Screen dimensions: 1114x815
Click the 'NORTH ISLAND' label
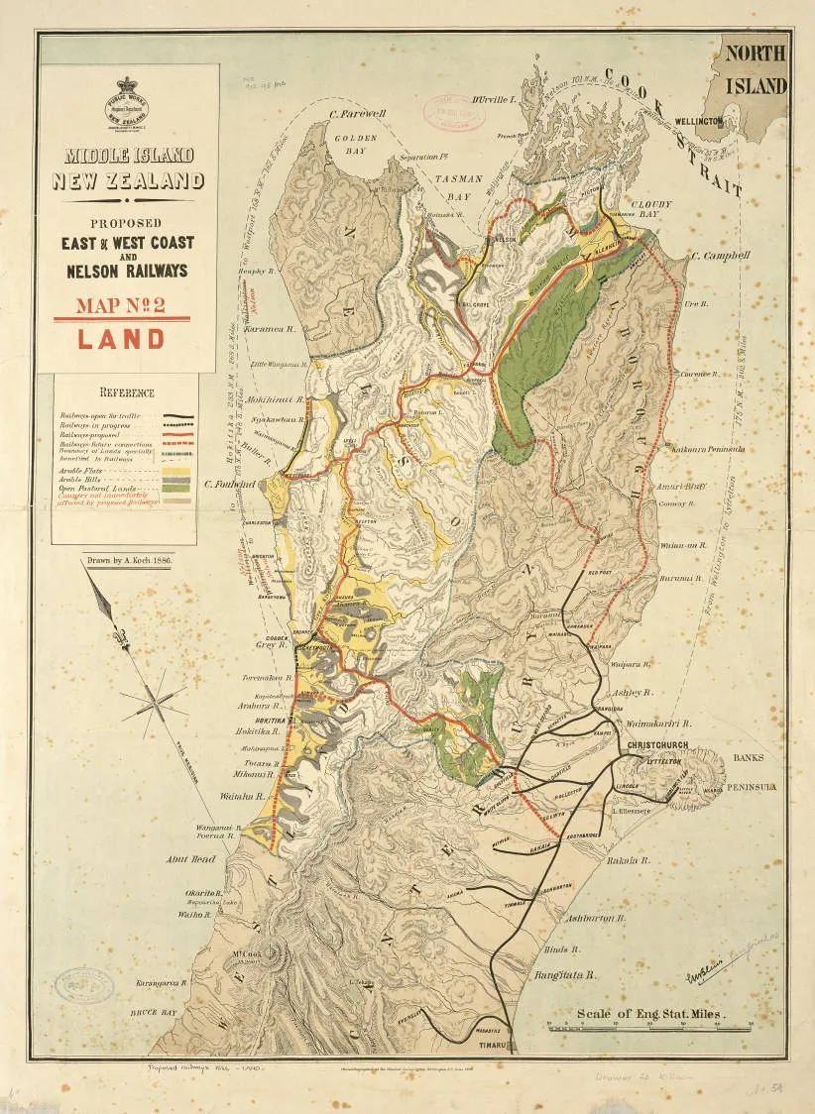tap(758, 69)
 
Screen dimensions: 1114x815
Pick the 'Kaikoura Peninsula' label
tap(712, 449)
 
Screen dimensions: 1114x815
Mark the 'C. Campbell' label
tap(721, 255)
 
